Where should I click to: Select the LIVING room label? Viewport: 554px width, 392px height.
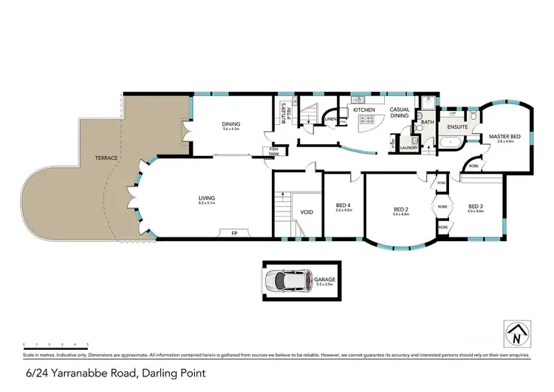tap(206, 197)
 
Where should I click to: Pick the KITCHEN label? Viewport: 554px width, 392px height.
tap(363, 110)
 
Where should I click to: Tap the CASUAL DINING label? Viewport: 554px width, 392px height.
tap(400, 113)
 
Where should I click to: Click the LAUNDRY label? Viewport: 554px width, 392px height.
tap(410, 147)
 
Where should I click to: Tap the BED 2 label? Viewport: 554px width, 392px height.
tap(402, 209)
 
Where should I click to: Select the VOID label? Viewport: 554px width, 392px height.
tap(307, 212)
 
